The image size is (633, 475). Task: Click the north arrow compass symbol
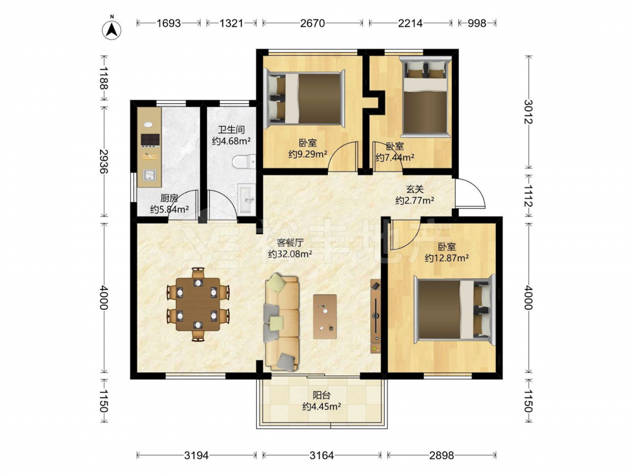coord(112,29)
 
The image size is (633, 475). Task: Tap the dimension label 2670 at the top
coord(312,23)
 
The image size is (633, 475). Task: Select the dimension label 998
coord(477,23)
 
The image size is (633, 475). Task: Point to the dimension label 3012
coord(529,111)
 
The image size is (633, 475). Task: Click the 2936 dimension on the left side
coord(104,161)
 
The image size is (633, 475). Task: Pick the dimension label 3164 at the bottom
coord(322,455)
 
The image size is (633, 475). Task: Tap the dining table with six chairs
coord(197,304)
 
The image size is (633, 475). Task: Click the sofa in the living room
coord(282,322)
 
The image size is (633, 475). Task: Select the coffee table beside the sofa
coord(325,317)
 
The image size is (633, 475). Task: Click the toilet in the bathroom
coord(244,162)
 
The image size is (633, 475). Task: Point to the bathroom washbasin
coord(246,198)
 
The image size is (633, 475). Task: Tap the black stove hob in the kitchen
coord(150,139)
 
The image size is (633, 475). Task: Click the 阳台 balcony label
coord(322,396)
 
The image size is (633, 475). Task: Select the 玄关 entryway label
coord(415,189)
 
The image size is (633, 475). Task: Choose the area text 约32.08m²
coord(290,254)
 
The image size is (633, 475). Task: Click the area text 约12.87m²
coord(446,258)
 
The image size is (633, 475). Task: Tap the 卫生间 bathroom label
coord(231,130)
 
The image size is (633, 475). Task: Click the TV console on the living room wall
coord(375,316)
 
